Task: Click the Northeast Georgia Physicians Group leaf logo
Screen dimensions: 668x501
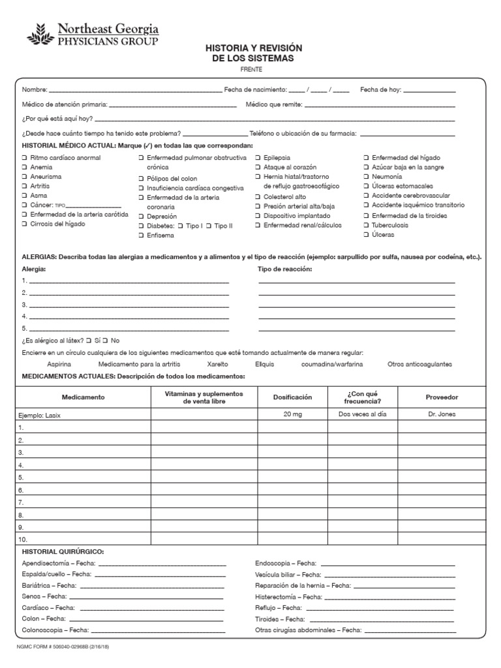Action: coord(41,34)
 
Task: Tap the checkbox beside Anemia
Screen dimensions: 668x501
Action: coord(24,168)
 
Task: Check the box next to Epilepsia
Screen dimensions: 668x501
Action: coord(258,158)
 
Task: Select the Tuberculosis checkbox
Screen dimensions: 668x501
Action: coord(366,225)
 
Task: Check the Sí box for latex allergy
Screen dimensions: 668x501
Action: coord(90,341)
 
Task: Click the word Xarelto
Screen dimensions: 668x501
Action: coord(218,364)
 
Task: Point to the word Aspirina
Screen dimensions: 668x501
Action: coord(59,364)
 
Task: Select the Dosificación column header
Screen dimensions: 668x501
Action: coord(292,397)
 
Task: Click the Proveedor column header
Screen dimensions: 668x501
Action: coord(442,397)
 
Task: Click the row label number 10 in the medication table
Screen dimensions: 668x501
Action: coord(23,539)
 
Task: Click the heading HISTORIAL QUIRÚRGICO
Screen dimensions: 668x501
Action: coord(63,552)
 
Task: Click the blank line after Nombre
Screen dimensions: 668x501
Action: coord(135,90)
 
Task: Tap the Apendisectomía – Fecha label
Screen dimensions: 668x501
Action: coord(59,563)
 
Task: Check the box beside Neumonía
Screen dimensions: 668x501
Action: coord(366,177)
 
